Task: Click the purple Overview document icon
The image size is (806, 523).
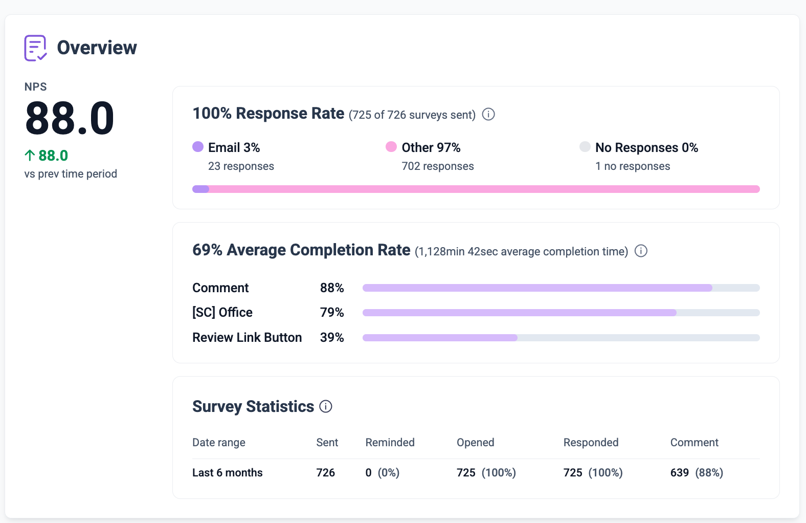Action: tap(35, 48)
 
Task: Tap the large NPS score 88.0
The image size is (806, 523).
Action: tap(70, 118)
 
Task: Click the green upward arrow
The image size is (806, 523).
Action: tap(30, 156)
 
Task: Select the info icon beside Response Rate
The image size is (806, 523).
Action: tap(488, 115)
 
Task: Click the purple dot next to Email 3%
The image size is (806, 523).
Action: tap(198, 147)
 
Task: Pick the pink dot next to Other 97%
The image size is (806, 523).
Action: tap(391, 147)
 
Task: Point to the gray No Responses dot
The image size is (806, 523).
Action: tap(585, 147)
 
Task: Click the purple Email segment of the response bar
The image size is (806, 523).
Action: tap(201, 189)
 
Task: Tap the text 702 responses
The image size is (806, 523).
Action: tap(438, 166)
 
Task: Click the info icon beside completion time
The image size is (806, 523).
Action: tap(641, 251)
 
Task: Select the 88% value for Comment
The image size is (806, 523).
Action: tap(332, 288)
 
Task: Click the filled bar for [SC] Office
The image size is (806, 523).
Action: tap(519, 313)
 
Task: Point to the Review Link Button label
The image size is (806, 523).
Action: tap(247, 338)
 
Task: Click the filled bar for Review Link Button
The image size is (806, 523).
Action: tap(440, 338)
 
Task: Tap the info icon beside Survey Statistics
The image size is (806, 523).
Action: tap(326, 406)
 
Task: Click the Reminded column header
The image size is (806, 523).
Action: tap(390, 442)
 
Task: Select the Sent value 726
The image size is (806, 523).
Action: tap(326, 473)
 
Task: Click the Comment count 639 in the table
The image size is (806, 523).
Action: tap(679, 473)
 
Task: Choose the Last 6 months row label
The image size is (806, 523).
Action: tap(228, 473)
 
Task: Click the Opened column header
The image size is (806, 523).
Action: tap(475, 442)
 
